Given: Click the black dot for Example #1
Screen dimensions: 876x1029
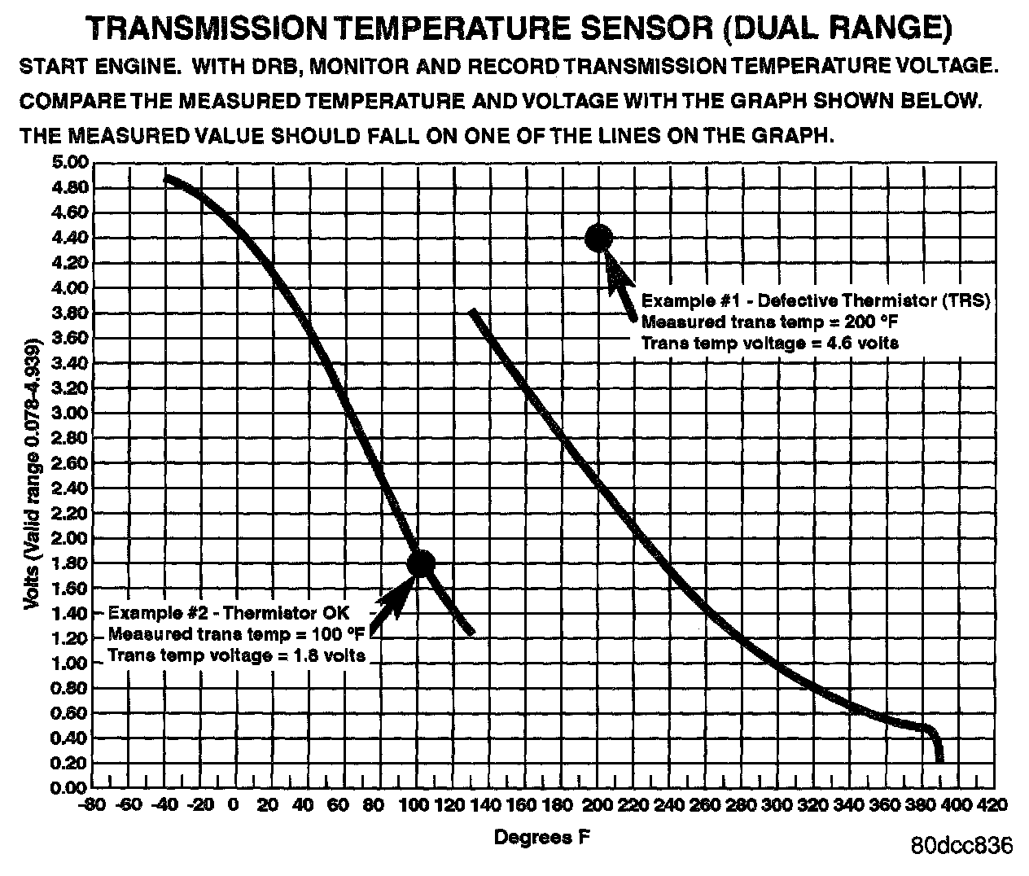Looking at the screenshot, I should [598, 238].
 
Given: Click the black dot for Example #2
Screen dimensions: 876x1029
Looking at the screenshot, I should [421, 563].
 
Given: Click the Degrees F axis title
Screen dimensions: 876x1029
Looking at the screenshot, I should [533, 837].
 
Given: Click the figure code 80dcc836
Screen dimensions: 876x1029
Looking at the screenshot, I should [961, 845].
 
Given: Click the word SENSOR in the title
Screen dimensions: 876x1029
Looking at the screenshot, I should [641, 29].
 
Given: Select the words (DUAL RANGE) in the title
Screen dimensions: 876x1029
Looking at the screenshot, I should [835, 29].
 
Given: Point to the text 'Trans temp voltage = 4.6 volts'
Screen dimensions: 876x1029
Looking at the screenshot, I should [770, 343].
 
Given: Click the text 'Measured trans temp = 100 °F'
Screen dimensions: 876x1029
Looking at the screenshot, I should [236, 633].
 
